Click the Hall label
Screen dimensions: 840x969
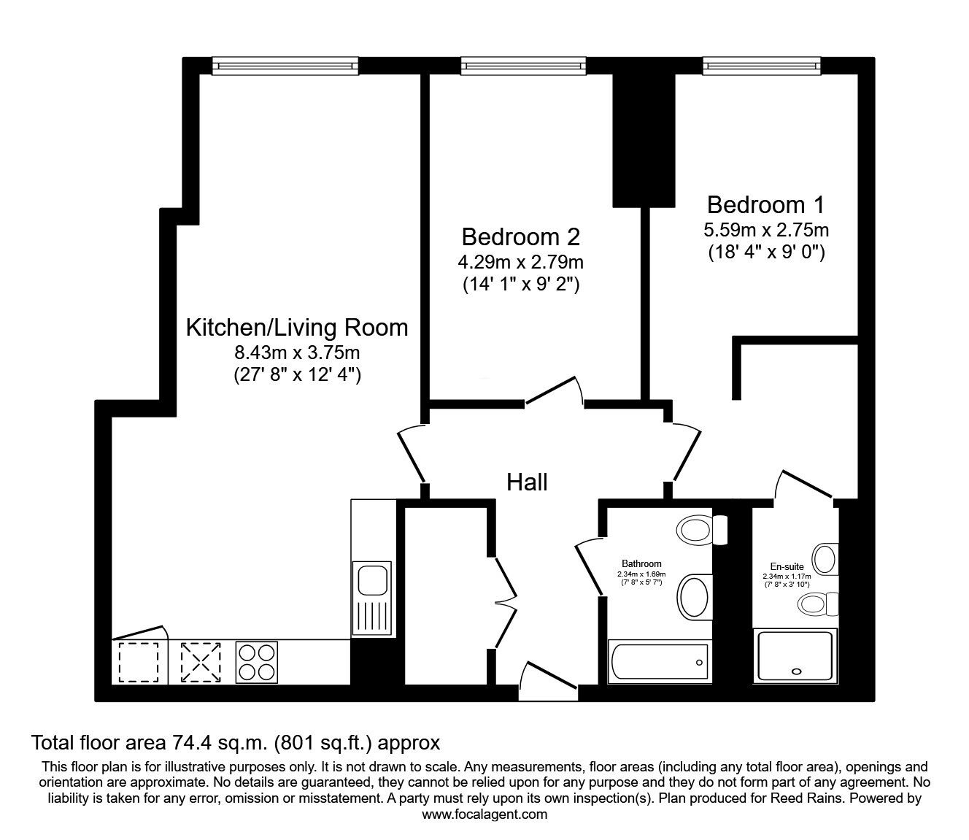pyautogui.click(x=527, y=482)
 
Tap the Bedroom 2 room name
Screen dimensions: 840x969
pyautogui.click(x=521, y=236)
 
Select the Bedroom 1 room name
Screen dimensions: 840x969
pyautogui.click(x=765, y=204)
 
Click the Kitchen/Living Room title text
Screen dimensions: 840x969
pyautogui.click(x=297, y=327)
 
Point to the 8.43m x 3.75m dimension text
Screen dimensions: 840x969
pyautogui.click(x=297, y=352)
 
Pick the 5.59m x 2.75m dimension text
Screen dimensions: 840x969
pyautogui.click(x=765, y=230)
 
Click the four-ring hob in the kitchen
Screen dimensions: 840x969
pyautogui.click(x=256, y=663)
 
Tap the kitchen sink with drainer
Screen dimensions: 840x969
pyautogui.click(x=372, y=598)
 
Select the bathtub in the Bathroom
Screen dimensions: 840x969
pyautogui.click(x=659, y=663)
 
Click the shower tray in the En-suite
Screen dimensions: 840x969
pyautogui.click(x=795, y=656)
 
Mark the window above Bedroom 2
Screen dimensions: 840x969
pyautogui.click(x=523, y=66)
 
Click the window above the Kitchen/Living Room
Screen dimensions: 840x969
pyautogui.click(x=285, y=66)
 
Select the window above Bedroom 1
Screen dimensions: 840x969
pyautogui.click(x=763, y=66)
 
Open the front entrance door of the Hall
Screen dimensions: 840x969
pyautogui.click(x=549, y=679)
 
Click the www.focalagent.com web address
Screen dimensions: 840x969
pyautogui.click(x=484, y=814)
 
